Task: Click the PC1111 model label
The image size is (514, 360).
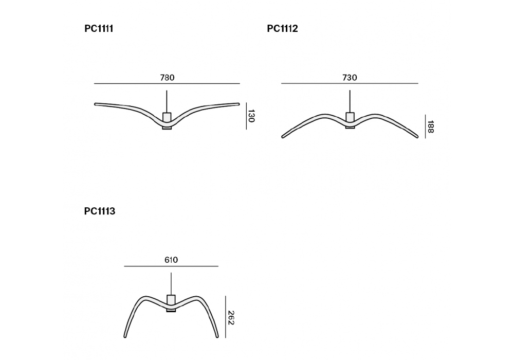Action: [99, 29]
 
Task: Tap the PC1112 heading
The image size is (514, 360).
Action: [282, 29]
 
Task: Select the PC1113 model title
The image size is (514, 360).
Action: [100, 211]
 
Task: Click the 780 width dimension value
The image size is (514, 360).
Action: [167, 78]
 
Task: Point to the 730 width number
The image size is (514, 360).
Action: [350, 78]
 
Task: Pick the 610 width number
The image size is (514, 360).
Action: [171, 260]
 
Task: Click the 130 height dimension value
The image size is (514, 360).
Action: [251, 116]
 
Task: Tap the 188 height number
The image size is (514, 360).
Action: [430, 127]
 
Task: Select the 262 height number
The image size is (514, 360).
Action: [231, 318]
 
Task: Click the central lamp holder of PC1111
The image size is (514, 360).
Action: [167, 121]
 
